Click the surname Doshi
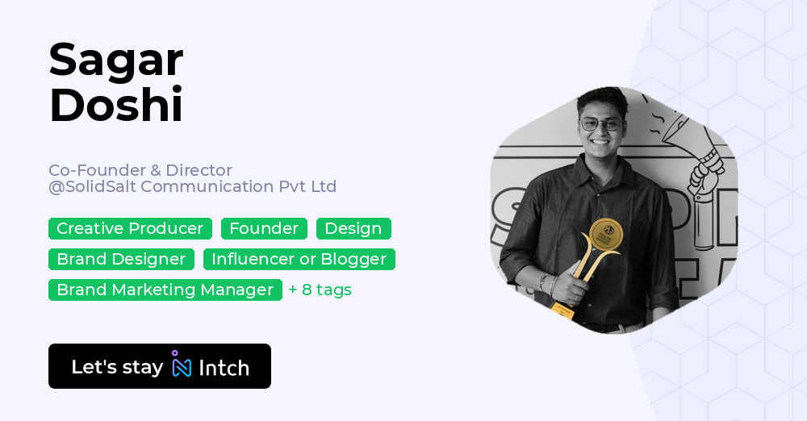[116, 106]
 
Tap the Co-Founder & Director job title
[140, 170]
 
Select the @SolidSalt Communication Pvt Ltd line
[192, 186]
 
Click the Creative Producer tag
[130, 228]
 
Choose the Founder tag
[264, 228]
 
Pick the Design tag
[353, 228]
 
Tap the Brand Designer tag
[121, 259]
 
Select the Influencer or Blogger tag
[299, 259]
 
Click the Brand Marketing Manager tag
[165, 290]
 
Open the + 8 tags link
[320, 290]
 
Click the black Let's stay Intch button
[159, 366]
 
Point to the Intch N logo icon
[182, 366]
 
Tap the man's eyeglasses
[600, 124]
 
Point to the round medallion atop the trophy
[606, 235]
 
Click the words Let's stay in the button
[117, 367]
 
